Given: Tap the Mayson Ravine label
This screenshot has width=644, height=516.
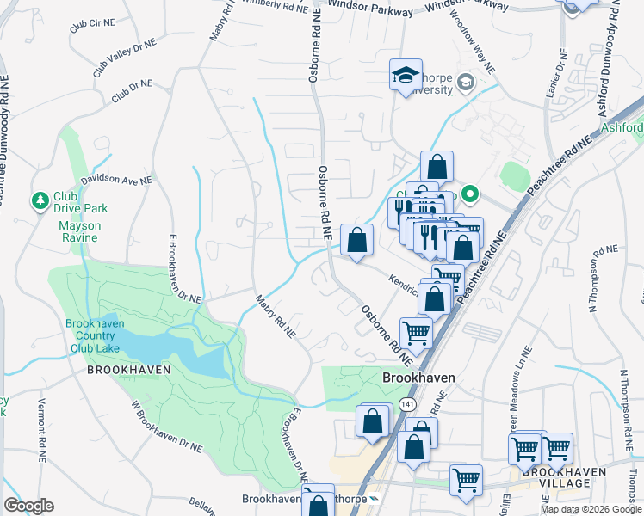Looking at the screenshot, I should [79, 226].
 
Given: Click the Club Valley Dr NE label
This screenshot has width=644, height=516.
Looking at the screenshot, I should [125, 55].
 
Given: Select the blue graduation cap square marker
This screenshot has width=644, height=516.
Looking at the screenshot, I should [406, 75].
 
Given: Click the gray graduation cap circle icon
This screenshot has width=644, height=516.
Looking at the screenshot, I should [466, 83].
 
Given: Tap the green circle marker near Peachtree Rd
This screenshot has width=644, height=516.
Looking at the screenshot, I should [470, 193].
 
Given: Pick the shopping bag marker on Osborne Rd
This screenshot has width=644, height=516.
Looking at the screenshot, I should [356, 240].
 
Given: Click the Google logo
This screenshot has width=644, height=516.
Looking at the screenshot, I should [28, 506].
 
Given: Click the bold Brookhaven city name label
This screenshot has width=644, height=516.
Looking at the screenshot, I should [418, 378].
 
